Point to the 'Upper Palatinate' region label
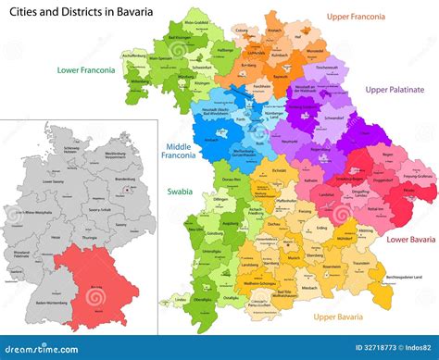click(x=394, y=90)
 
